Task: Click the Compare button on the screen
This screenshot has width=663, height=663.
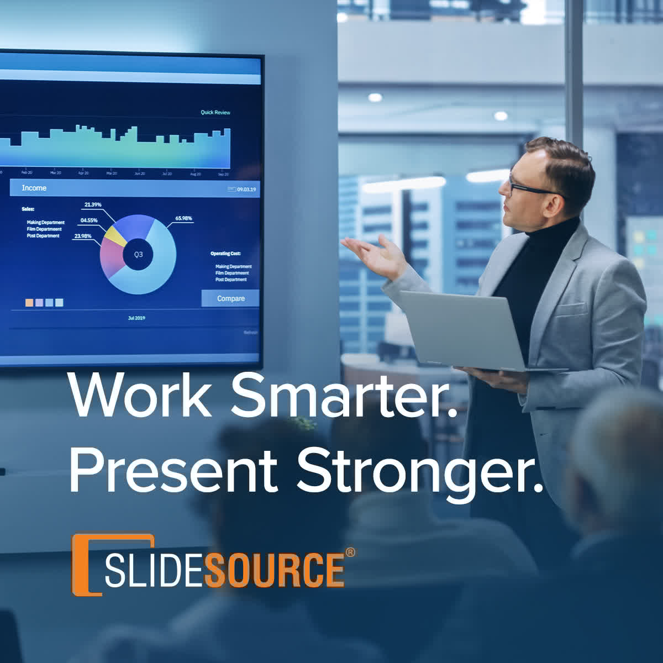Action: point(230,298)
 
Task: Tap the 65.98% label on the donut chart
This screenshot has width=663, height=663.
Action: point(183,218)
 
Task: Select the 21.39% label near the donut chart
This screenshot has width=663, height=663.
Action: point(93,205)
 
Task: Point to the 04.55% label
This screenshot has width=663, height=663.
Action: point(89,220)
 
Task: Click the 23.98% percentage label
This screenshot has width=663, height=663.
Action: point(83,236)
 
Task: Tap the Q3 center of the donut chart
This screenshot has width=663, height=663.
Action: point(138,254)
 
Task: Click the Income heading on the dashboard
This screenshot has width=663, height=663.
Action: point(34,188)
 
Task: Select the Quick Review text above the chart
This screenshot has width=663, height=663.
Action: point(215,112)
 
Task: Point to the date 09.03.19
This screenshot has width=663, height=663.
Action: point(246,190)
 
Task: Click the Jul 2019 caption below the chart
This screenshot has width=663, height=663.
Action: point(136,318)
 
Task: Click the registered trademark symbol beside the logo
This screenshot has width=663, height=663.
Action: point(350,552)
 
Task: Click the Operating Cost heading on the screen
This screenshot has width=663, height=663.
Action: point(225,254)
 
